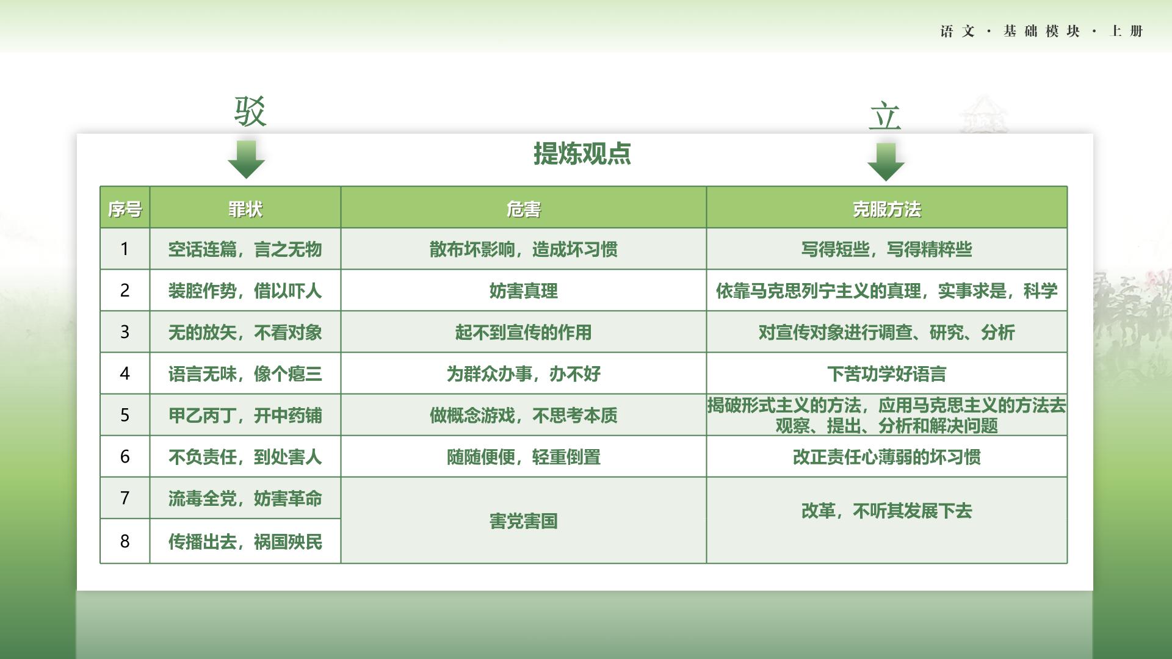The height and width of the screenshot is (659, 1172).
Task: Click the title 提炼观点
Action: (582, 153)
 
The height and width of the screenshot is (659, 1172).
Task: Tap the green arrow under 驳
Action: (246, 159)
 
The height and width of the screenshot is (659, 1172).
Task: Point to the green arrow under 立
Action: (886, 162)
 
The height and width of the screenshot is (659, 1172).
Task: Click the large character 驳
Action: (250, 112)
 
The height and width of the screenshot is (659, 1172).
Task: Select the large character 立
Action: (885, 116)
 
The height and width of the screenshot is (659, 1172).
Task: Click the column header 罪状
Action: (245, 209)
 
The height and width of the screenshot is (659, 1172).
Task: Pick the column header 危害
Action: (524, 209)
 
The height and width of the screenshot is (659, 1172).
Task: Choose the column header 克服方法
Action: (887, 209)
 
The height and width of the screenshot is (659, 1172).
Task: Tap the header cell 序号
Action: (125, 209)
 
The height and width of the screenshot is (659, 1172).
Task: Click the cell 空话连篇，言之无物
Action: (245, 249)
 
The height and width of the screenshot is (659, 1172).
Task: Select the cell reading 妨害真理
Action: (524, 290)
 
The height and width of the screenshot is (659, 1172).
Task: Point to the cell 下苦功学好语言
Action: (887, 373)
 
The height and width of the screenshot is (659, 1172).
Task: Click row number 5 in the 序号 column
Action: (125, 415)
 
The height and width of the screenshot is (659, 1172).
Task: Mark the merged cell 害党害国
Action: (524, 521)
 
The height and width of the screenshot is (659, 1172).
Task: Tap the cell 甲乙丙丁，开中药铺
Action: (245, 416)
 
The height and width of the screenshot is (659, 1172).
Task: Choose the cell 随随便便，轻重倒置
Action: (524, 456)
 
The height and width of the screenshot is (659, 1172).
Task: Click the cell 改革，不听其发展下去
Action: (887, 511)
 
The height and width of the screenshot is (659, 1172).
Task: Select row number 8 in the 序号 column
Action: (125, 541)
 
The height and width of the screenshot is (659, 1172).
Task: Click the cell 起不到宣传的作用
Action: (524, 332)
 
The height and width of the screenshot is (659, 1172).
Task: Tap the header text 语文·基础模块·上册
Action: (1041, 31)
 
